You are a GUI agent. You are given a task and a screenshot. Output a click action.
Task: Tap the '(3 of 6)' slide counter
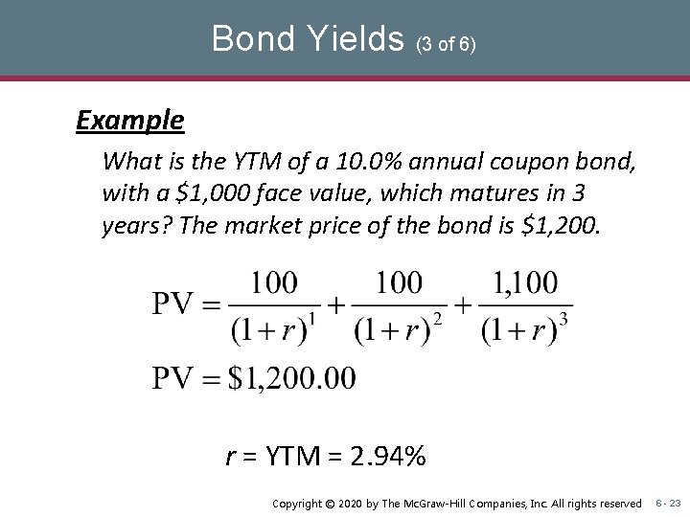(x=447, y=43)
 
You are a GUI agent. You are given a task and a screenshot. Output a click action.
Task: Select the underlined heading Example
(x=130, y=121)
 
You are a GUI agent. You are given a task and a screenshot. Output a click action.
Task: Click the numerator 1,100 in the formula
(x=525, y=284)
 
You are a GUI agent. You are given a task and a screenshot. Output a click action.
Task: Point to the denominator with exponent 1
(x=272, y=328)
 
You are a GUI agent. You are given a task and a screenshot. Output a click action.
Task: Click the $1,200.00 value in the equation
(x=292, y=377)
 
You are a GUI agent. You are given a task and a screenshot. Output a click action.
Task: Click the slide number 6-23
(x=668, y=504)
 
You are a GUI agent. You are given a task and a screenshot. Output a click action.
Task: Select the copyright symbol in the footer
(x=331, y=504)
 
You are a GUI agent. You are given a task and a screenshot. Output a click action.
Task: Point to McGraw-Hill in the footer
(x=454, y=504)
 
